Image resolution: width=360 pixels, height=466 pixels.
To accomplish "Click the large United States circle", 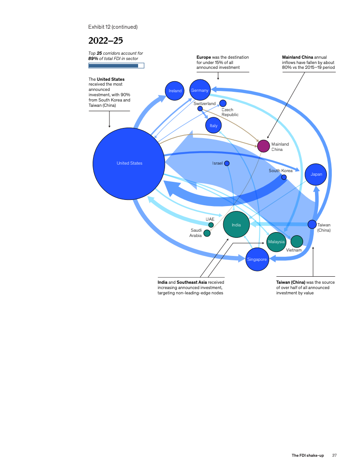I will coord(129,163).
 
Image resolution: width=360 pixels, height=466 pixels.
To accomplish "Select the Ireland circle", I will coord(175,91).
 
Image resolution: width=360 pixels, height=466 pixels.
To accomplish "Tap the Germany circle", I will coord(200,90).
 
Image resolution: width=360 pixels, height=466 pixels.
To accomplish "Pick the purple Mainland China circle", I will coord(263,146).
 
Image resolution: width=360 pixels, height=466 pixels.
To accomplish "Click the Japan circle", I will coord(316,174).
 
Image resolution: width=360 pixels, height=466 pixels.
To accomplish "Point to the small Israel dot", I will coord(227,163).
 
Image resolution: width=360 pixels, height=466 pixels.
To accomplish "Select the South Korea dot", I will coord(284,177).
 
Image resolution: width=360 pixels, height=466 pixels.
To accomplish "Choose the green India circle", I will coord(236,225).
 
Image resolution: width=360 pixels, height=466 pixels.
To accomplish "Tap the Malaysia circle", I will coord(276,242).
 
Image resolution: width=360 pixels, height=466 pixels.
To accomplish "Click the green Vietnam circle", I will coord(297,241).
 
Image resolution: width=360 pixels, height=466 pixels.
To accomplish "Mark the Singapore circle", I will coord(257,259).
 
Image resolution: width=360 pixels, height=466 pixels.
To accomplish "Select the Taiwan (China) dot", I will coord(312,224).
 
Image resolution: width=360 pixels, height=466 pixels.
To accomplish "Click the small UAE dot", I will coord(211,225).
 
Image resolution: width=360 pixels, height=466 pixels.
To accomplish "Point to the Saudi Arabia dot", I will coord(207,233).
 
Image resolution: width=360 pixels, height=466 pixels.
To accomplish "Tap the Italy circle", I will coord(214,126).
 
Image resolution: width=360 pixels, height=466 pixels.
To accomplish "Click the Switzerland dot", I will coord(200,109).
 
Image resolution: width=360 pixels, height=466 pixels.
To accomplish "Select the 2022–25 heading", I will coord(105,41).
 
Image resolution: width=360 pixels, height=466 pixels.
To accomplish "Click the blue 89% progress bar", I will coord(113,66).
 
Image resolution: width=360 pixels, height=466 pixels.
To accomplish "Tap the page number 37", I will coord(334,455).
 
